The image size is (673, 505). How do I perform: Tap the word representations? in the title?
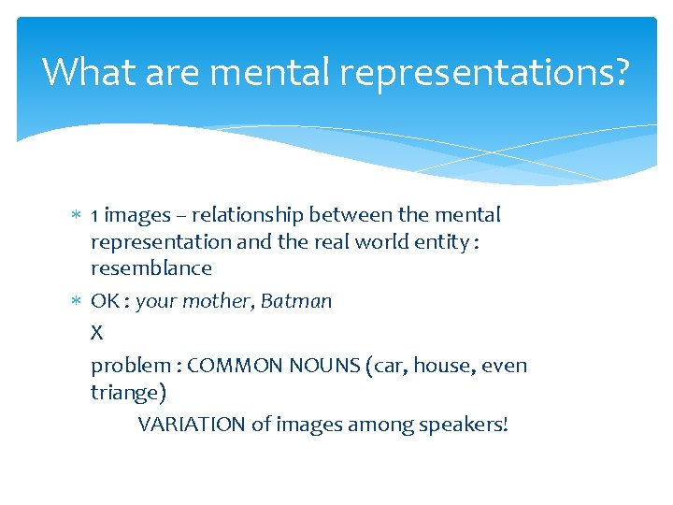pyautogui.click(x=489, y=73)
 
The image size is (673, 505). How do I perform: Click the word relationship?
pyautogui.click(x=238, y=215)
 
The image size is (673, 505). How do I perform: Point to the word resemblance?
pyautogui.click(x=150, y=268)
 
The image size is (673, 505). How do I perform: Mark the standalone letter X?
pyautogui.click(x=96, y=332)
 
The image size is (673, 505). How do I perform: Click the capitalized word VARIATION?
pyautogui.click(x=193, y=425)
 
